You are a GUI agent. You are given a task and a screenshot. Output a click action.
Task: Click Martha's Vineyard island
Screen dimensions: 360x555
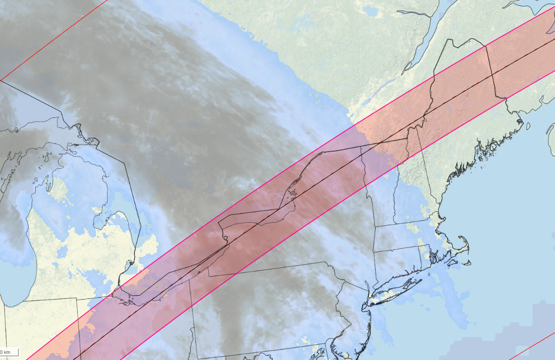(x=448, y=261)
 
